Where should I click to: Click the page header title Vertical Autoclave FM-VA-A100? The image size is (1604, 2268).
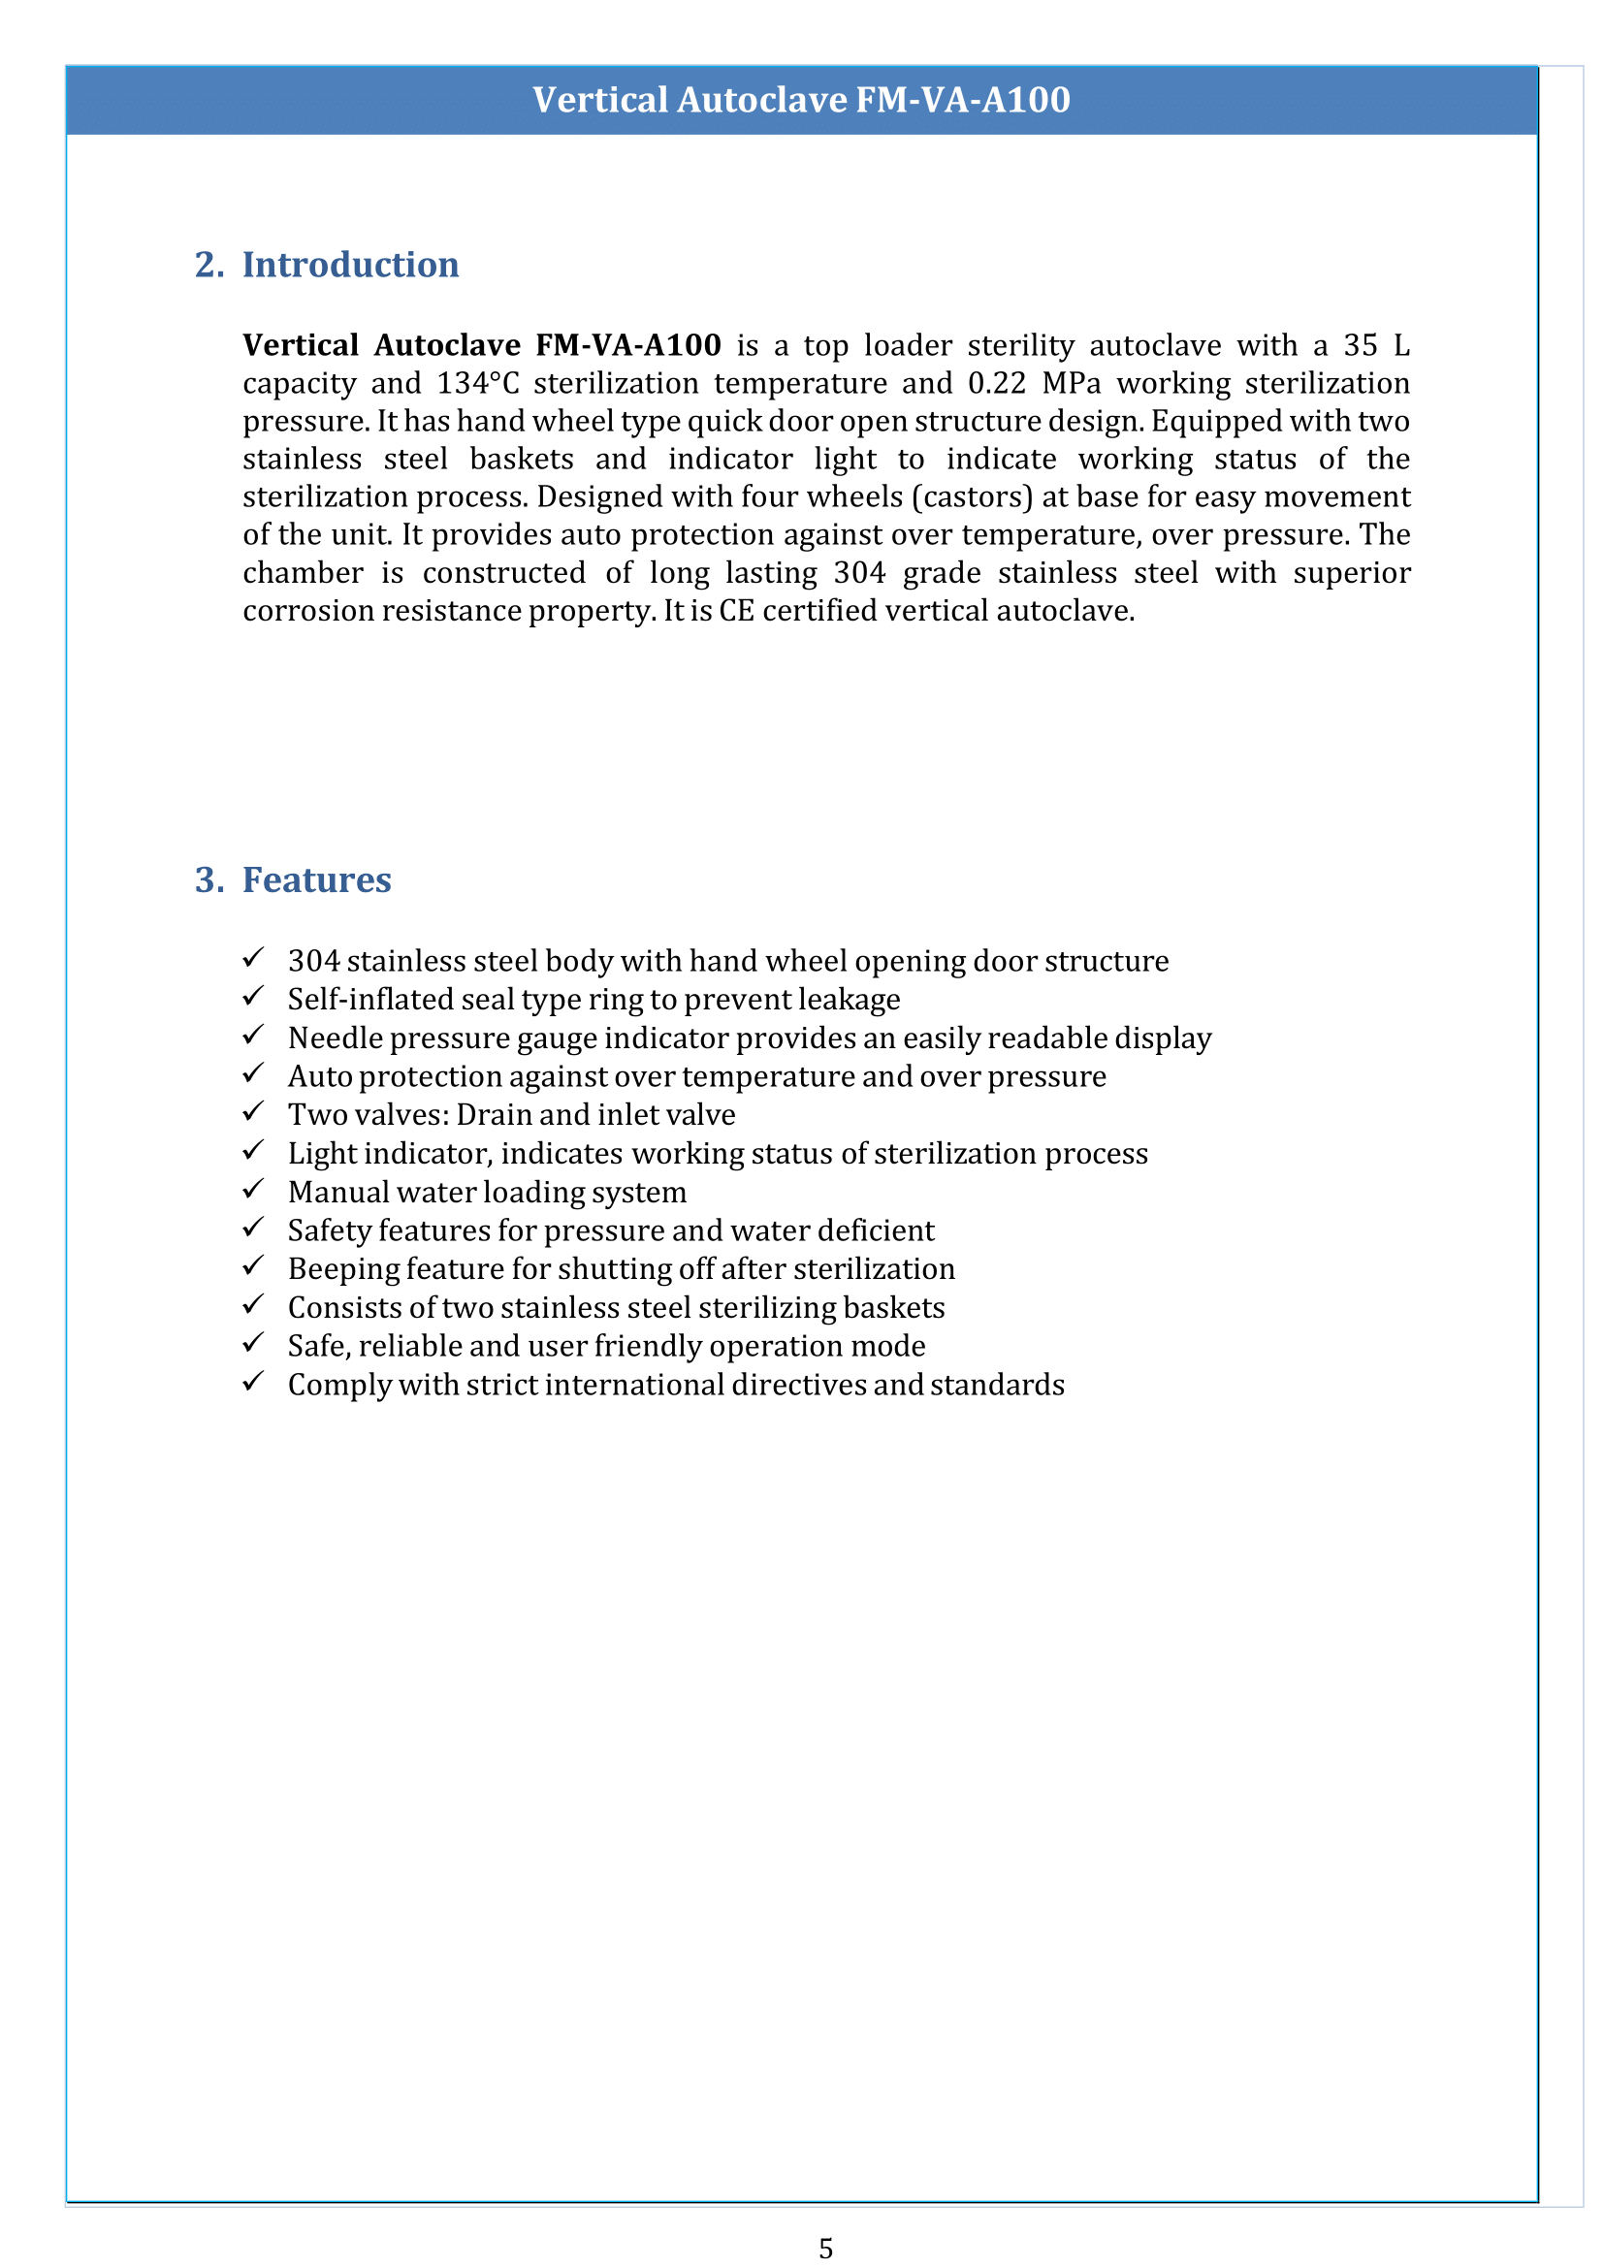point(801,100)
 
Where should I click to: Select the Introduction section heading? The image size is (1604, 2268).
point(351,265)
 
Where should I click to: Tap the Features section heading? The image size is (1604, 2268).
point(317,880)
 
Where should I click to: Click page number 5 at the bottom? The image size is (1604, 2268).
point(826,2249)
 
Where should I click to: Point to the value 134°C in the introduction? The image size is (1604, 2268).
point(478,383)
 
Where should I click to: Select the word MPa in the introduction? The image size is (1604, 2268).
point(1072,383)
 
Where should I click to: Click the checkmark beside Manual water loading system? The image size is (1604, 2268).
point(254,1189)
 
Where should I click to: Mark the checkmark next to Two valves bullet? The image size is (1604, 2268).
point(254,1111)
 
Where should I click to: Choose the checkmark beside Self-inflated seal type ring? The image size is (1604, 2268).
point(254,996)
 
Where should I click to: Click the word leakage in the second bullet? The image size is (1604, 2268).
point(849,1000)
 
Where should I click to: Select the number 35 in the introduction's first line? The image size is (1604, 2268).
point(1360,346)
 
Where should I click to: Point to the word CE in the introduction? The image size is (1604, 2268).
point(736,611)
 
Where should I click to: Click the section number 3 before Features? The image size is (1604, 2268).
point(209,880)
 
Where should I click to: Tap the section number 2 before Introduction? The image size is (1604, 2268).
point(209,265)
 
